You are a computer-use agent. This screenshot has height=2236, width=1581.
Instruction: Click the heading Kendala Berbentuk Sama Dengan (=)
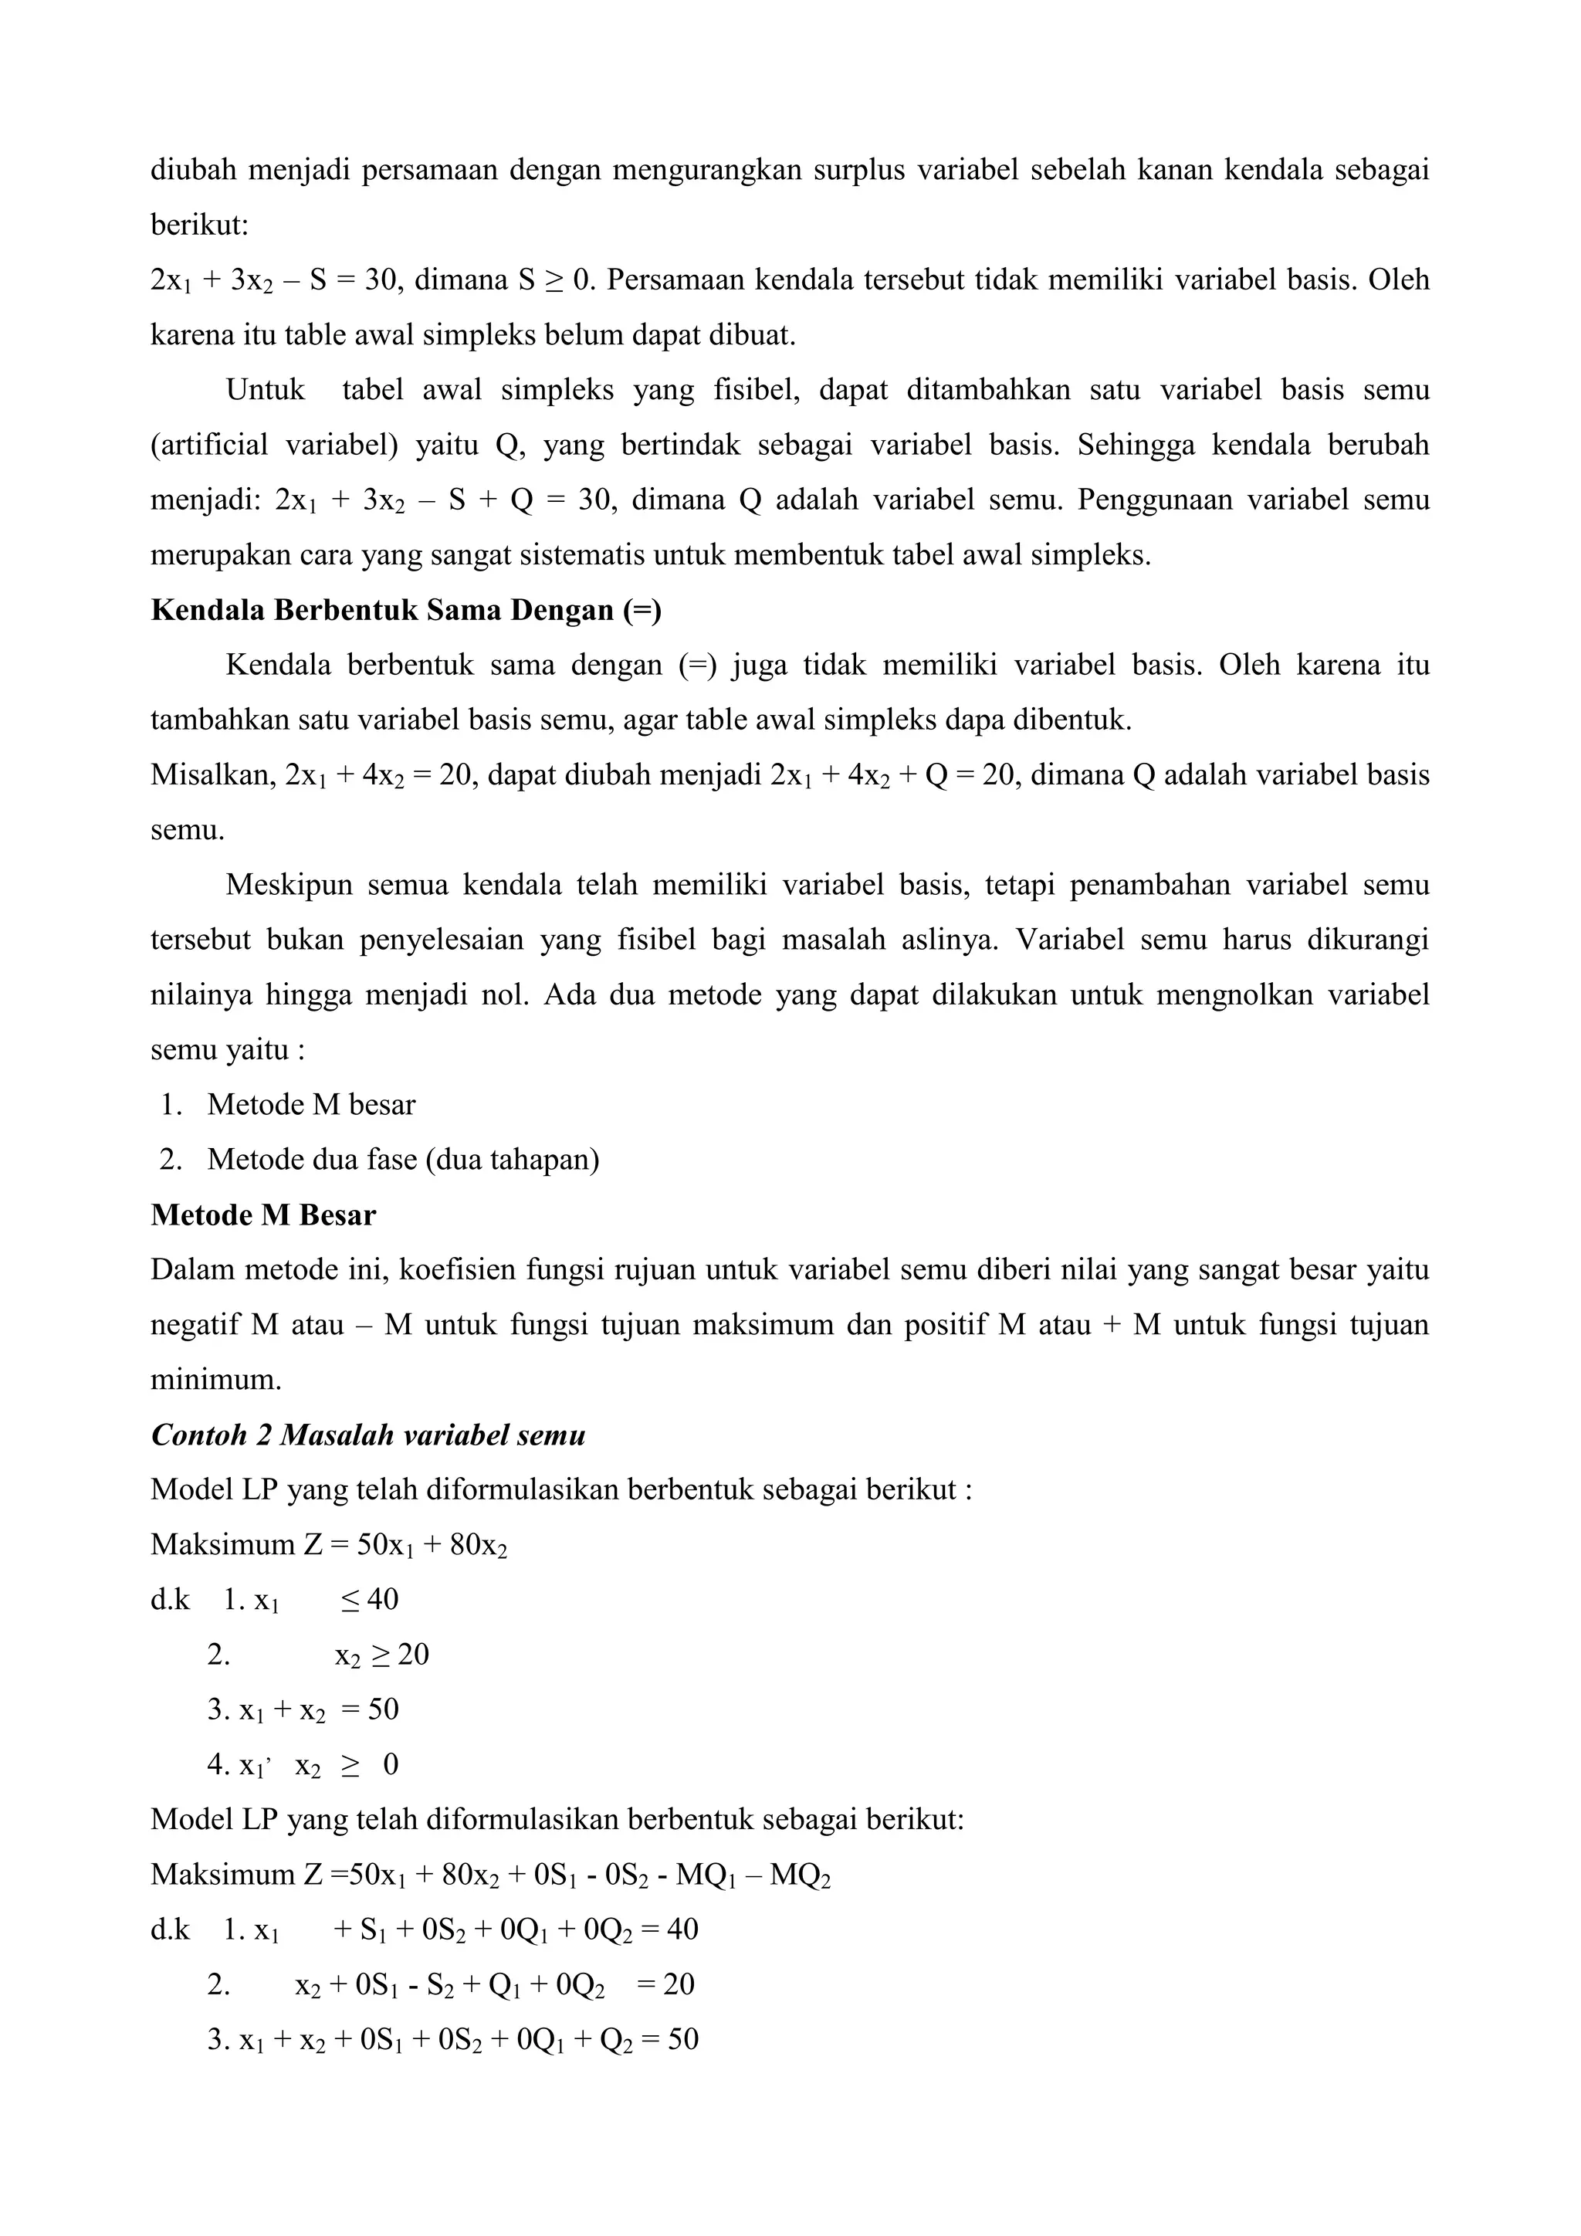point(406,611)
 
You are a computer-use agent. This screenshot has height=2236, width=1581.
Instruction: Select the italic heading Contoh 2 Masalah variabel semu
point(368,1435)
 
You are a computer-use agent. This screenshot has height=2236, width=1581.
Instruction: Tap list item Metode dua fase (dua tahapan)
point(402,1160)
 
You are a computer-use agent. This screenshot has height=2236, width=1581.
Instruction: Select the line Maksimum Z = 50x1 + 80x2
point(329,1546)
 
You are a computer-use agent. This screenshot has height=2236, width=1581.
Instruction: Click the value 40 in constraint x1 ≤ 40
point(383,1600)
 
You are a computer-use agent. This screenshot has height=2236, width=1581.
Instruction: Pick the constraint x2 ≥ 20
point(381,1655)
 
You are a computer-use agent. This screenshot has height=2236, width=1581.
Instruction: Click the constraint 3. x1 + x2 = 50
point(303,1710)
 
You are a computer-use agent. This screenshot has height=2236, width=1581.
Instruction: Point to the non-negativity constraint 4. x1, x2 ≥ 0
point(303,1766)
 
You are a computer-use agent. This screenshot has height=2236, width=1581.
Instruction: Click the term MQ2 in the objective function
point(799,1875)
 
